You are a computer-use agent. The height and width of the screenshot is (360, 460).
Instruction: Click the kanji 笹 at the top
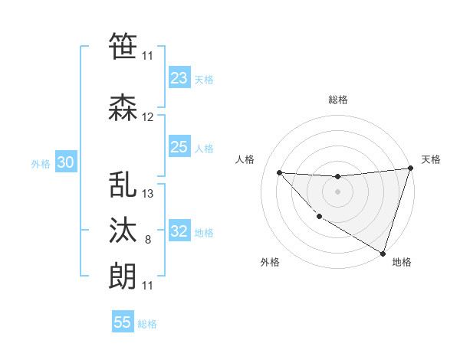(x=123, y=47)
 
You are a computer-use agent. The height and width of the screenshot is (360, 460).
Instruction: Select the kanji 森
(x=123, y=108)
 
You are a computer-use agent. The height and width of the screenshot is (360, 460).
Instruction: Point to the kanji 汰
(x=123, y=231)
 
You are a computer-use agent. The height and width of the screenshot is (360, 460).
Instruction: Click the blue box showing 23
(x=179, y=78)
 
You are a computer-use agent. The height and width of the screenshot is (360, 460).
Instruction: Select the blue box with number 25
(x=179, y=147)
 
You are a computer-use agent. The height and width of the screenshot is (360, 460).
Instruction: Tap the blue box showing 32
(x=179, y=231)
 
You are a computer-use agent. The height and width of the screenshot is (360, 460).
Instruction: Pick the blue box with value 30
(x=65, y=162)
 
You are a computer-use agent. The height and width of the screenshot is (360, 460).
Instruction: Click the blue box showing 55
(x=123, y=322)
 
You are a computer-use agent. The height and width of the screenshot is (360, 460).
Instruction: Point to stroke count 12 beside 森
(x=148, y=117)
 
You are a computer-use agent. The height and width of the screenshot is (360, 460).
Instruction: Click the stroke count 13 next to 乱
(x=148, y=194)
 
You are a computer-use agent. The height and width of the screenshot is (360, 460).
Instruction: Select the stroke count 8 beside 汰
(x=148, y=240)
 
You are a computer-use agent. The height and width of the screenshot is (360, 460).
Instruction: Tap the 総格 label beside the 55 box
(x=147, y=324)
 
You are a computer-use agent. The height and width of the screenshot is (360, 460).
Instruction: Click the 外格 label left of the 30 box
(x=41, y=163)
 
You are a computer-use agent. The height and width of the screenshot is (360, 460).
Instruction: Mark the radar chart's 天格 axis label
(x=431, y=159)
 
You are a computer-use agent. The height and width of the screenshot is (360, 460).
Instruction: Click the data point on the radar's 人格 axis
(x=280, y=172)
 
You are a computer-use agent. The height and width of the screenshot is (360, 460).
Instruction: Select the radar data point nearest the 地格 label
(x=383, y=253)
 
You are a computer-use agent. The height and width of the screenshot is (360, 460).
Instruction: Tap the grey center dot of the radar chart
(x=337, y=191)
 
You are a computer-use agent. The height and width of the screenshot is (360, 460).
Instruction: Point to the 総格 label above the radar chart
(x=337, y=100)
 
